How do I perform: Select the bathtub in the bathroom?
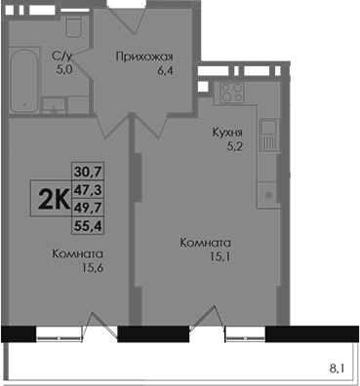click(24, 80)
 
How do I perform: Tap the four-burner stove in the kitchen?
click(231, 93)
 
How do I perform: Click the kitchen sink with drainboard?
click(269, 135)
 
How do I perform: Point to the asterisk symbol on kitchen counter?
click(268, 195)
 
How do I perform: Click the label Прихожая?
click(144, 57)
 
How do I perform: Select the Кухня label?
click(227, 133)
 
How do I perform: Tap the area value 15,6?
click(93, 268)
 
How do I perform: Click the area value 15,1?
click(220, 257)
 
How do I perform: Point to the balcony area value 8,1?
click(337, 368)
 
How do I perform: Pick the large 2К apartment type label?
click(54, 199)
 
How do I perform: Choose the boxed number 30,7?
click(88, 171)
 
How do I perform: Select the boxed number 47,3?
click(88, 189)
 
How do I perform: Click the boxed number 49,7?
click(88, 207)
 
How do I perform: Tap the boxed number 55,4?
click(88, 225)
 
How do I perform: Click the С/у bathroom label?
click(61, 58)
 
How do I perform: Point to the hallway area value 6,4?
click(165, 70)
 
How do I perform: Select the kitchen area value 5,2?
click(235, 147)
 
